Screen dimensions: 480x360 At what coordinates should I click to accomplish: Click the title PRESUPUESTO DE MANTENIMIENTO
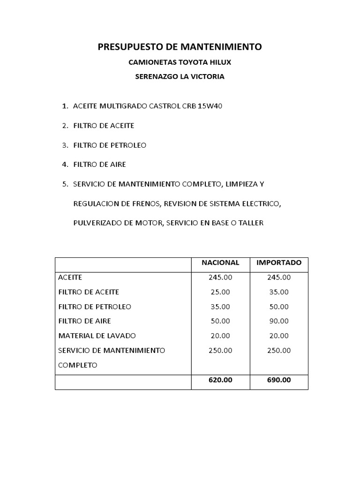[x=180, y=47]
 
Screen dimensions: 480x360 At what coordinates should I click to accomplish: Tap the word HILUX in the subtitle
[x=219, y=62]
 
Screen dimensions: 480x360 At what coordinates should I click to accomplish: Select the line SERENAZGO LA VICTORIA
[x=180, y=77]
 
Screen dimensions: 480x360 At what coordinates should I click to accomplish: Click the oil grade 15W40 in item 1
[x=210, y=106]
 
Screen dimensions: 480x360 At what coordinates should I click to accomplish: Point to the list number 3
[x=65, y=145]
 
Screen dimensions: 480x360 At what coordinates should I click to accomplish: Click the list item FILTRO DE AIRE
[x=100, y=165]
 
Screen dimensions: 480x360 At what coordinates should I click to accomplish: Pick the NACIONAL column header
[x=220, y=262]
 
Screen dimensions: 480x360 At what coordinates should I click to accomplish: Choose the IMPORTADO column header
[x=279, y=262]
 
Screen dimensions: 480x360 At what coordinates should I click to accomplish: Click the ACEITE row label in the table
[x=70, y=277]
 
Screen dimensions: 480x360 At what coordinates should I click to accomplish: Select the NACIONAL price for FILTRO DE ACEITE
[x=220, y=292]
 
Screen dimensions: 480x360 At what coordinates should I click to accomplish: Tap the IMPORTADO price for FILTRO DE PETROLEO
[x=279, y=307]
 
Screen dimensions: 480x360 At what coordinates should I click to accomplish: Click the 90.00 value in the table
[x=279, y=321]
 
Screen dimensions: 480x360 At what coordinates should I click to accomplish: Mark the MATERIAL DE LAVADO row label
[x=97, y=336]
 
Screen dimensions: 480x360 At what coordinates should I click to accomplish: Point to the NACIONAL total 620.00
[x=220, y=380]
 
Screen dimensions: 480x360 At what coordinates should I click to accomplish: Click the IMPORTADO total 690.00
[x=279, y=380]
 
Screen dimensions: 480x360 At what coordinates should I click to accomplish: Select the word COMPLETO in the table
[x=78, y=365]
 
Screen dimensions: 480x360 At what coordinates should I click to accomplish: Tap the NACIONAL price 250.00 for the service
[x=220, y=350]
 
